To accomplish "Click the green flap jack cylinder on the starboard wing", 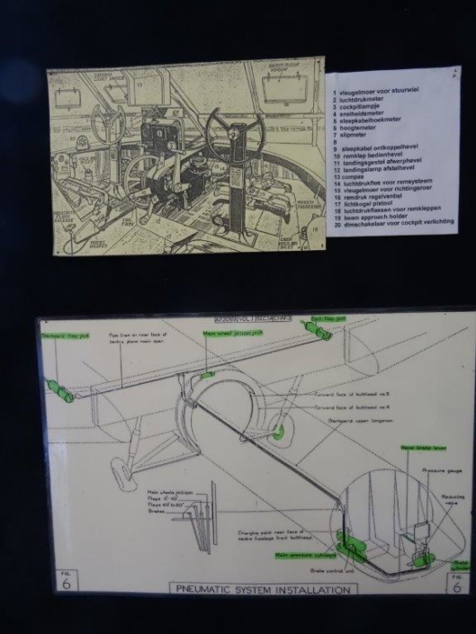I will pyautogui.click(x=59, y=389).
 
